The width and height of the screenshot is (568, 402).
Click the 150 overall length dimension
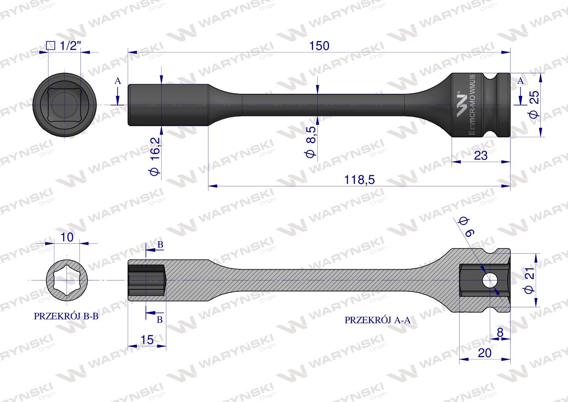pyautogui.click(x=319, y=46)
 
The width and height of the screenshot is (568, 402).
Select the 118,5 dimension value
pyautogui.click(x=359, y=179)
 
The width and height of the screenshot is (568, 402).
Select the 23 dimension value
pyautogui.click(x=481, y=155)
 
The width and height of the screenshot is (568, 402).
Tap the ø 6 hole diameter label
pyautogui.click(x=465, y=226)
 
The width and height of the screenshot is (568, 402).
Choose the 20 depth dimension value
pyautogui.click(x=484, y=353)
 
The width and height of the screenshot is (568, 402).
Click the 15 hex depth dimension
pyautogui.click(x=147, y=340)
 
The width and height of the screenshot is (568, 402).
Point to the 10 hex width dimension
pyautogui.click(x=67, y=237)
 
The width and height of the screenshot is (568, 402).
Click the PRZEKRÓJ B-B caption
pyautogui.click(x=66, y=317)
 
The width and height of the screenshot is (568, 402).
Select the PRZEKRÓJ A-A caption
pyautogui.click(x=378, y=320)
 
